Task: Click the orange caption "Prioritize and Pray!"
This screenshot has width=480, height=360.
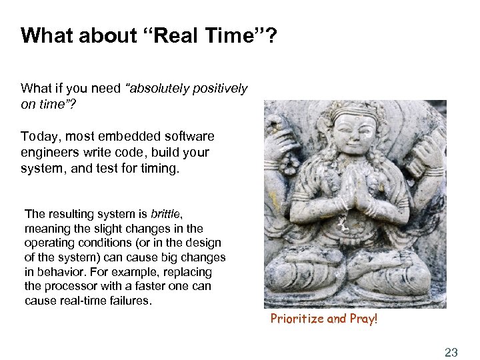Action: [324, 319]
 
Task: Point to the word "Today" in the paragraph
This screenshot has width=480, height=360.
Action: [37, 136]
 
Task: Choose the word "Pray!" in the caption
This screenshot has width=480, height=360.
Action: [362, 319]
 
